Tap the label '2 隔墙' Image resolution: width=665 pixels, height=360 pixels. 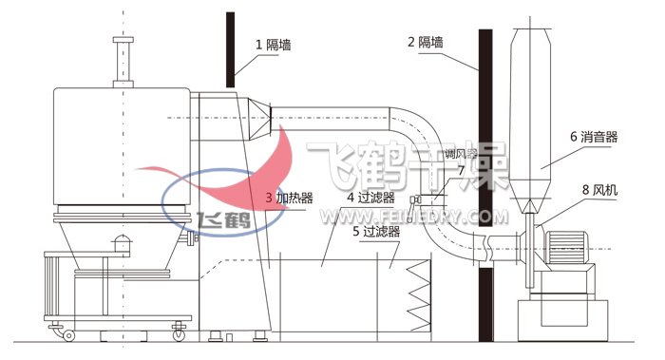tap(427, 43)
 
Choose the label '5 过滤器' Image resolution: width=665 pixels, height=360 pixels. tap(376, 230)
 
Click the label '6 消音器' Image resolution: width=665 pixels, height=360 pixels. tap(594, 138)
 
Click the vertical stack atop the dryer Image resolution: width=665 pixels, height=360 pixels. tap(121, 62)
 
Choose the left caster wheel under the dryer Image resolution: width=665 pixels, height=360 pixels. tap(67, 333)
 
